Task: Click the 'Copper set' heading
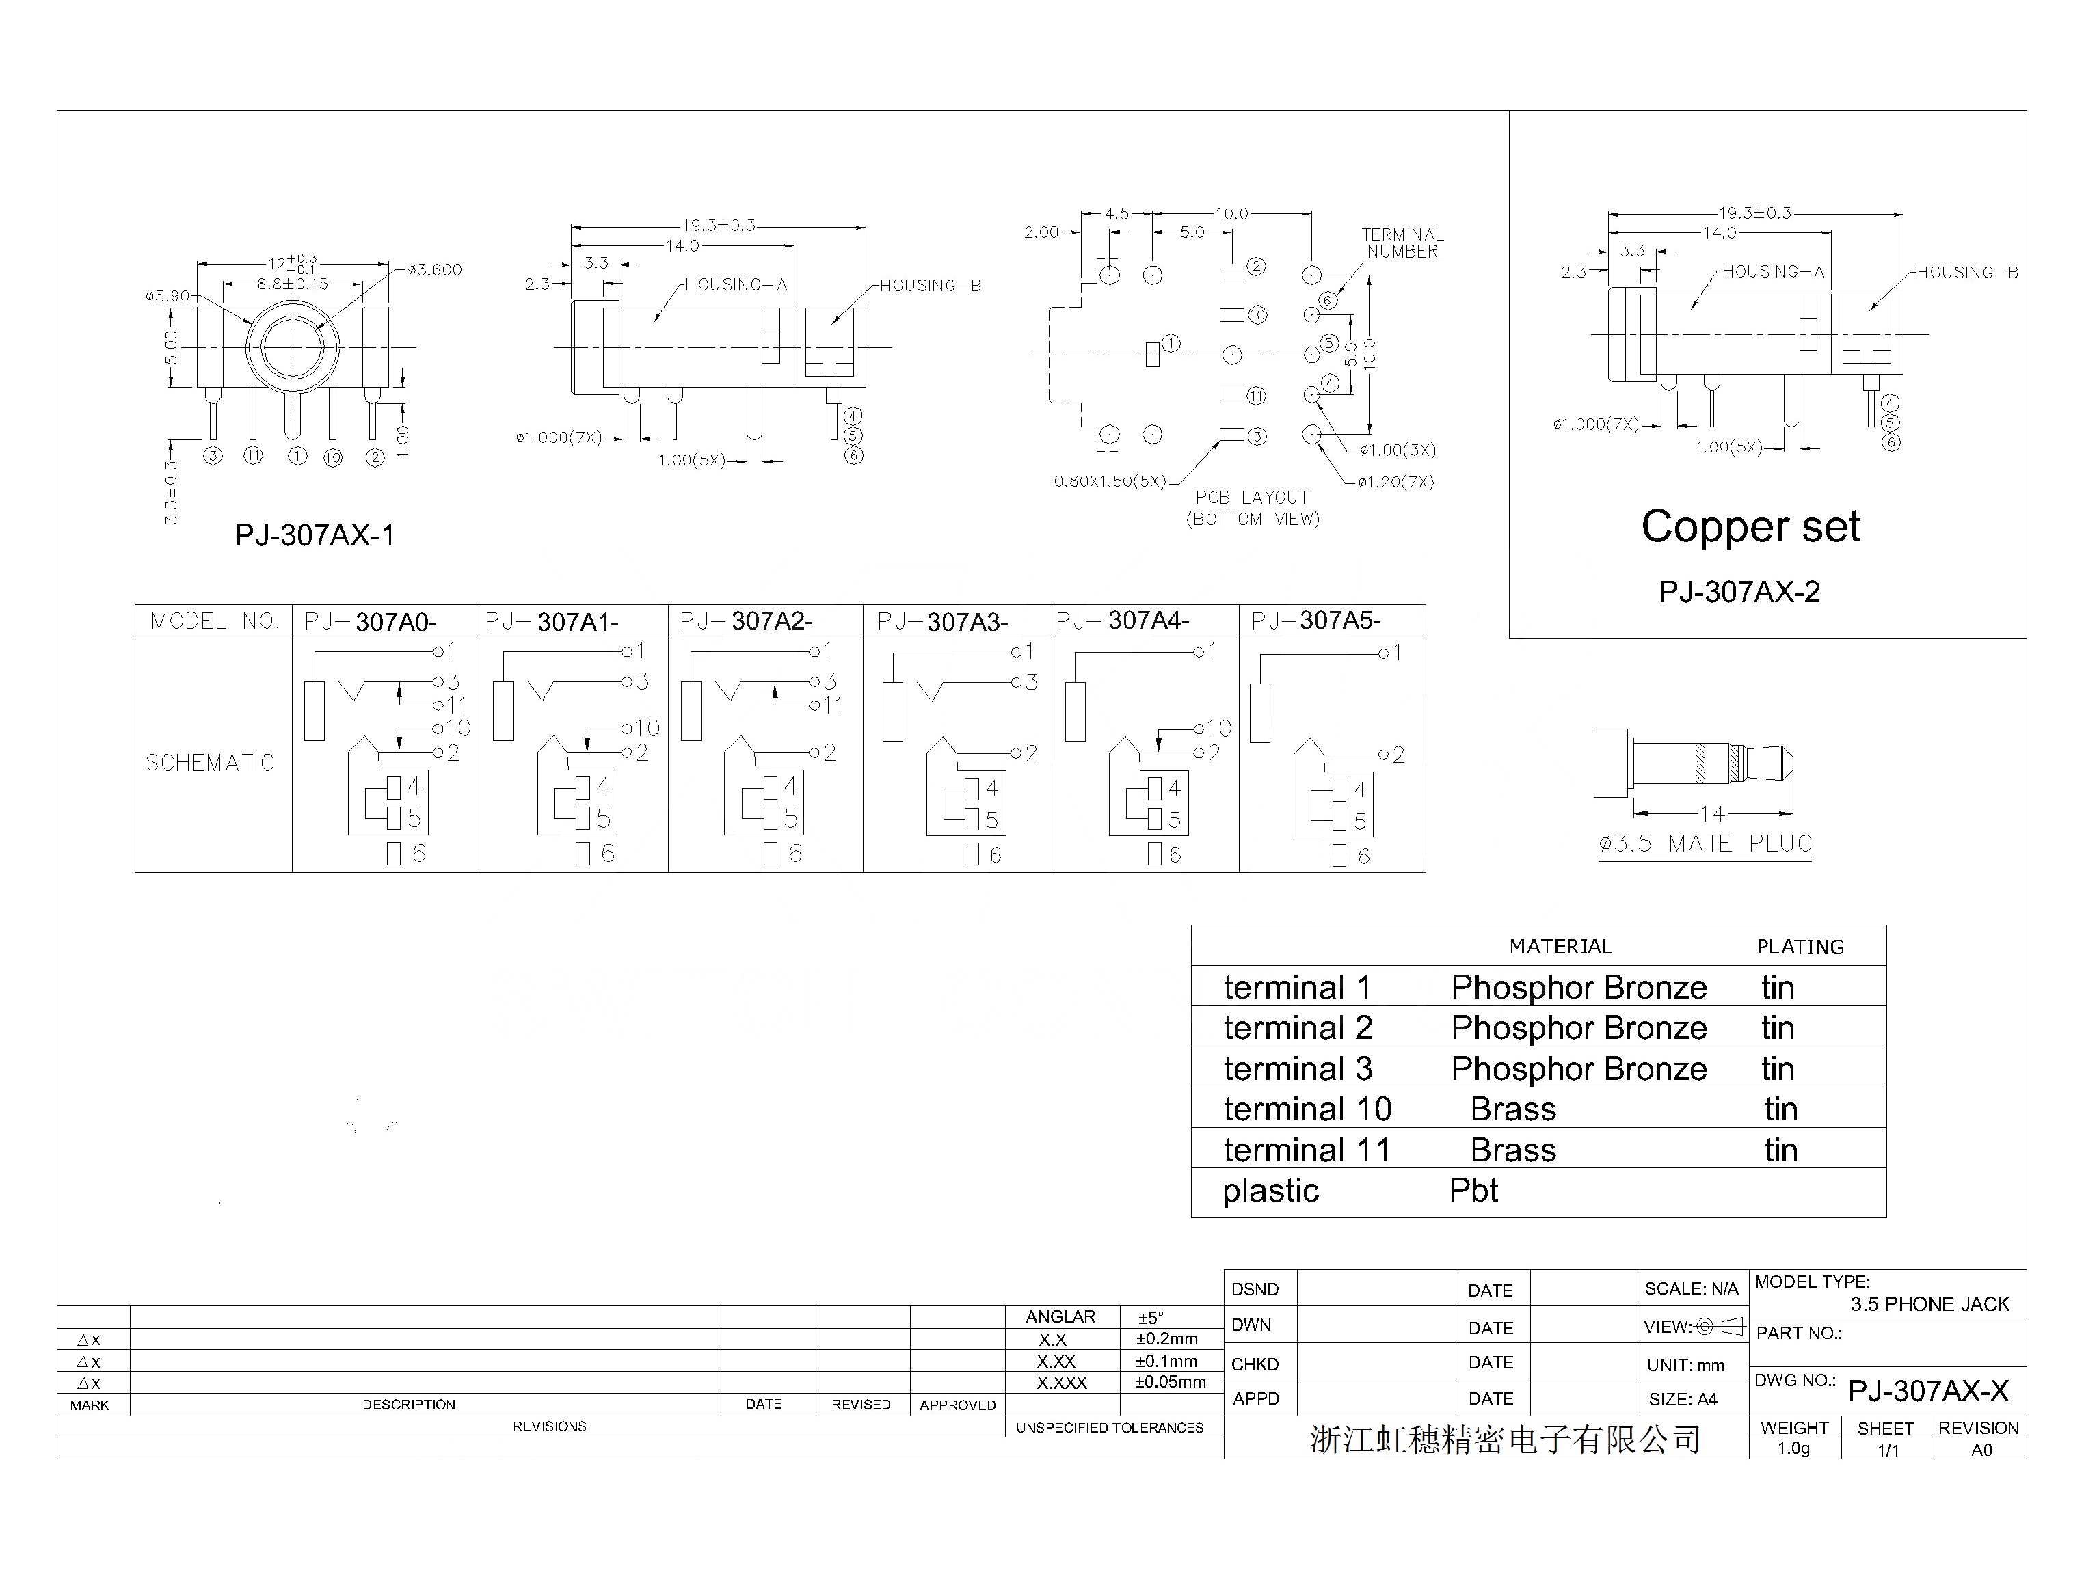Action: tap(1750, 527)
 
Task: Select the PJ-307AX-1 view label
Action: tap(315, 535)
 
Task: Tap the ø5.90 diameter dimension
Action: tap(168, 296)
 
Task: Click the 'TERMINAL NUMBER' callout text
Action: tap(1402, 243)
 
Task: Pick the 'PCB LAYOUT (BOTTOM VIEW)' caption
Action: tap(1253, 508)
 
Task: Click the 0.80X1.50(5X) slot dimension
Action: tap(1110, 481)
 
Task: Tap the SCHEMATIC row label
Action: tap(210, 763)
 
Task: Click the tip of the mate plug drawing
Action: tap(1793, 762)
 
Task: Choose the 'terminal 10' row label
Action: tap(1307, 1109)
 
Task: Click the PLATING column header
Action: tap(1800, 947)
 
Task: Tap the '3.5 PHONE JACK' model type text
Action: tap(1929, 1304)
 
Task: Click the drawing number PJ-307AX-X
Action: tap(1929, 1391)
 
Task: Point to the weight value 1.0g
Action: tap(1793, 1448)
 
